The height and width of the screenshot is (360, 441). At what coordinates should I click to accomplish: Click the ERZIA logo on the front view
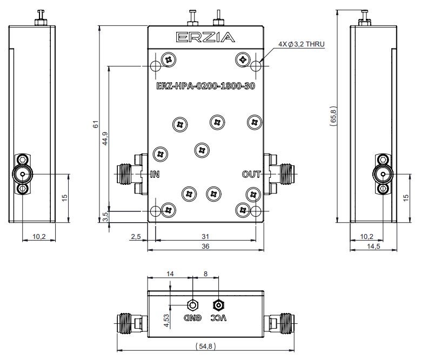pyautogui.click(x=205, y=37)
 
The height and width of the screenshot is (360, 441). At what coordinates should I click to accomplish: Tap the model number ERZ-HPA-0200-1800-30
pyautogui.click(x=205, y=85)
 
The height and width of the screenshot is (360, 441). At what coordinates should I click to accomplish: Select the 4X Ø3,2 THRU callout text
pyautogui.click(x=301, y=44)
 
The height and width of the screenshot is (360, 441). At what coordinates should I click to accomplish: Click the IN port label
pyautogui.click(x=155, y=174)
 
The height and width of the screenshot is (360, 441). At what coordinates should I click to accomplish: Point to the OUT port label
pyautogui.click(x=251, y=174)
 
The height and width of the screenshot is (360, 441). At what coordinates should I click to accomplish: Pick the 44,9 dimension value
pyautogui.click(x=105, y=139)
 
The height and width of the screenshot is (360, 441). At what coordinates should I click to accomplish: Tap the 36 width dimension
pyautogui.click(x=205, y=246)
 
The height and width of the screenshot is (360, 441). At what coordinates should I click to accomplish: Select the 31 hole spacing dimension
pyautogui.click(x=205, y=236)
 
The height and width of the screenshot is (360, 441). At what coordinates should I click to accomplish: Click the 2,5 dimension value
pyautogui.click(x=136, y=236)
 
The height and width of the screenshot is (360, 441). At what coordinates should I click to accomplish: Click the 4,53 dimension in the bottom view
pyautogui.click(x=167, y=321)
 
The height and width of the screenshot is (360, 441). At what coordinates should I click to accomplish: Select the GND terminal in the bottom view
pyautogui.click(x=192, y=304)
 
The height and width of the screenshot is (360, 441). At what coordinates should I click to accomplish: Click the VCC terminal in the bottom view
pyautogui.click(x=218, y=304)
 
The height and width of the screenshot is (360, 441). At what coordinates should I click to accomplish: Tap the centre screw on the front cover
pyautogui.click(x=201, y=150)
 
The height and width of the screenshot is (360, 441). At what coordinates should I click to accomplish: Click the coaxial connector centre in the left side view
pyautogui.click(x=23, y=174)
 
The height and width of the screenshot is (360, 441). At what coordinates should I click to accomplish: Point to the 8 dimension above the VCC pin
pyautogui.click(x=205, y=274)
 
